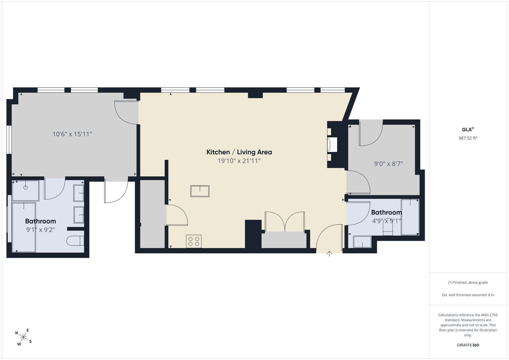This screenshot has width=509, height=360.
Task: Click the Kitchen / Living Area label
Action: pyautogui.click(x=239, y=152)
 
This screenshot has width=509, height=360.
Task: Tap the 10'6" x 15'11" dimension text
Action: pyautogui.click(x=72, y=134)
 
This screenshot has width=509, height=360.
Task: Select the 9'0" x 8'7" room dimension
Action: pyautogui.click(x=388, y=164)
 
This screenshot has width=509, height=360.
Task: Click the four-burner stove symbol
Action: pyautogui.click(x=194, y=241)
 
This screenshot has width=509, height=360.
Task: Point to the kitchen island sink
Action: pyautogui.click(x=200, y=191)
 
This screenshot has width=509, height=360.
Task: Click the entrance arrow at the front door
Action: pyautogui.click(x=329, y=254)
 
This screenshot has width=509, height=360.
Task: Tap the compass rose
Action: pyautogui.click(x=23, y=337)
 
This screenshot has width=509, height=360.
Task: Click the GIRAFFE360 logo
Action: pyautogui.click(x=468, y=345)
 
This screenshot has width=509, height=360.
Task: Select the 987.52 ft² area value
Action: pyautogui.click(x=468, y=138)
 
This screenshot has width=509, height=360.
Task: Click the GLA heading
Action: pyautogui.click(x=468, y=129)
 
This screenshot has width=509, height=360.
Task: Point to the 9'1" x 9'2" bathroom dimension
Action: pyautogui.click(x=40, y=230)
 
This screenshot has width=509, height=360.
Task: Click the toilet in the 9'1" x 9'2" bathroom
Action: pyautogui.click(x=75, y=241)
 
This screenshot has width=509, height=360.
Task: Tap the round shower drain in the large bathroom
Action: pyautogui.click(x=26, y=187)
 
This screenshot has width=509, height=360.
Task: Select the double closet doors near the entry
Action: pyautogui.click(x=285, y=222)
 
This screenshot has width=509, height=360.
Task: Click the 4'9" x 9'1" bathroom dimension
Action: pyautogui.click(x=386, y=221)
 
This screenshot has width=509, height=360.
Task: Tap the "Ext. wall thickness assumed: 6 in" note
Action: pyautogui.click(x=468, y=295)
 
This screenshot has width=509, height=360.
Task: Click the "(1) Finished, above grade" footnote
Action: pyautogui.click(x=468, y=283)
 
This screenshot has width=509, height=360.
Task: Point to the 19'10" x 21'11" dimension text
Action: pyautogui.click(x=239, y=161)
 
